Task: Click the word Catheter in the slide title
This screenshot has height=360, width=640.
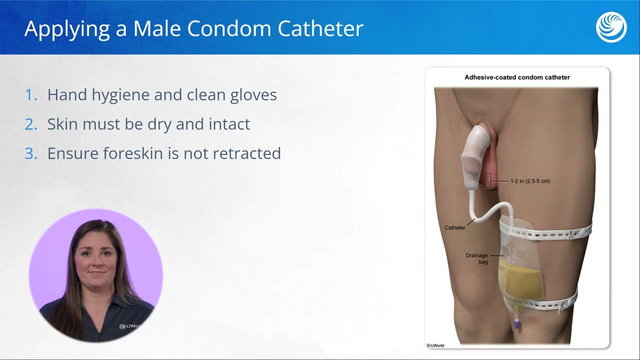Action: pyautogui.click(x=320, y=28)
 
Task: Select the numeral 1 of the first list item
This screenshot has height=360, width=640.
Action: pyautogui.click(x=30, y=95)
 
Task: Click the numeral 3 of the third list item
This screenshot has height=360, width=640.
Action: pyautogui.click(x=31, y=153)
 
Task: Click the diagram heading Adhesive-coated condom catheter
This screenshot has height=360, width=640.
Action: pyautogui.click(x=517, y=77)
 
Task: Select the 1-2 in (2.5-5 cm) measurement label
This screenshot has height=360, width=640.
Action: pyautogui.click(x=529, y=181)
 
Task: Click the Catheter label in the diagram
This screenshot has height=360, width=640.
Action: pyautogui.click(x=455, y=228)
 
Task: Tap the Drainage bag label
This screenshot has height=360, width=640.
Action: pyautogui.click(x=476, y=258)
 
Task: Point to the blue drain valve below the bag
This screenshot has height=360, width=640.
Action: pyautogui.click(x=516, y=323)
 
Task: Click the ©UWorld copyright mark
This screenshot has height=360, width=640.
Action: pyautogui.click(x=435, y=345)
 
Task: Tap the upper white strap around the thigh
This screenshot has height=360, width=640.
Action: pyautogui.click(x=550, y=232)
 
